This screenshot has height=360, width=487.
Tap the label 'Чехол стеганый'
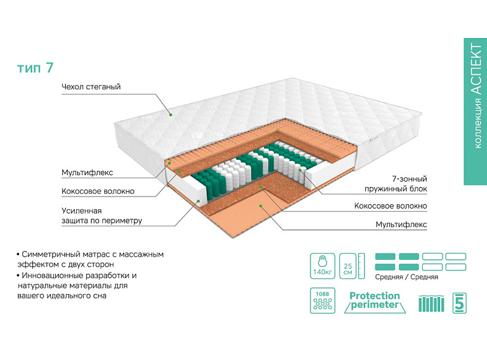tap(91, 87)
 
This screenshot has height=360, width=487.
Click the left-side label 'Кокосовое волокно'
tap(98, 191)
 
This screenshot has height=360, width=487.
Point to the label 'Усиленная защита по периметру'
tap(101, 215)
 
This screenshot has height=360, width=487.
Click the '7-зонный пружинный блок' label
tap(396, 184)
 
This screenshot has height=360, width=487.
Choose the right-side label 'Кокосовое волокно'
tap(391, 206)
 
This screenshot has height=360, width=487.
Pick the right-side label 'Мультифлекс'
tap(401, 224)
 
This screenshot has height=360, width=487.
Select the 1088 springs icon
tap(322, 301)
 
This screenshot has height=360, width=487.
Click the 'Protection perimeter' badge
tap(375, 302)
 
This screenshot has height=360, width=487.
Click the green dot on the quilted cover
tap(171, 115)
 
